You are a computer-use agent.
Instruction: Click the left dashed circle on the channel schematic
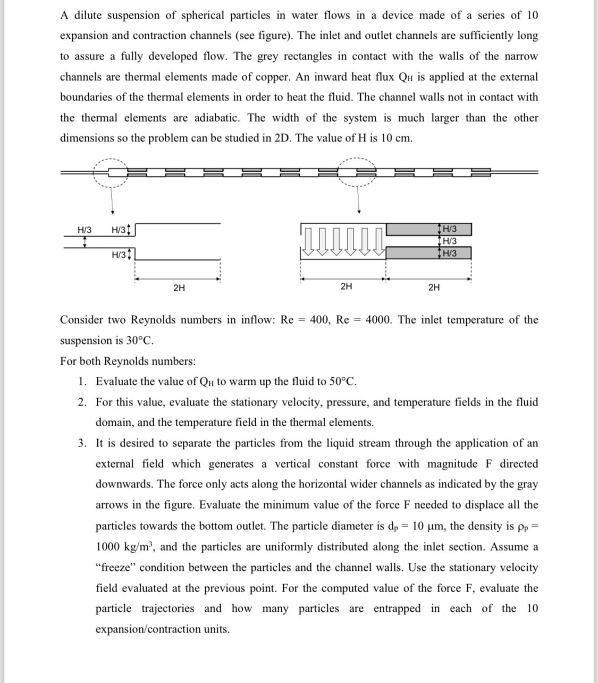pyautogui.click(x=111, y=172)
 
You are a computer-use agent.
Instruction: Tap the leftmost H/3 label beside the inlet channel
pyautogui.click(x=85, y=230)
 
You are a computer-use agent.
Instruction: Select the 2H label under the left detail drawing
pyautogui.click(x=179, y=288)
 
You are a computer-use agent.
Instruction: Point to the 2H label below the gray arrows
pyautogui.click(x=346, y=287)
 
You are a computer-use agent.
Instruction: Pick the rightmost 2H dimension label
pyautogui.click(x=434, y=288)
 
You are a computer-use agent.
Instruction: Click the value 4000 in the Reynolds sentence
pyautogui.click(x=379, y=320)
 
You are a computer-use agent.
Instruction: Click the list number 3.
pyautogui.click(x=81, y=443)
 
